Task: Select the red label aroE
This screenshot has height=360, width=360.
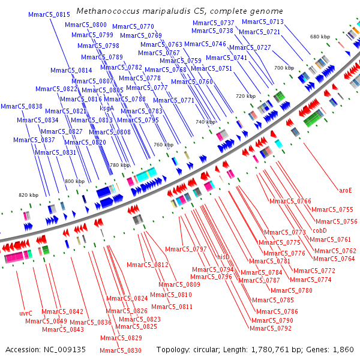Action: click(345, 190)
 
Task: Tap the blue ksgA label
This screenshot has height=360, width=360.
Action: click(107, 108)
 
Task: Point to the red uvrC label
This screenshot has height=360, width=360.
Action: click(26, 313)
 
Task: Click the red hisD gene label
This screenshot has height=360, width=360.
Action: click(223, 257)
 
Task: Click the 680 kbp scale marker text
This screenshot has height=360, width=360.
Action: click(320, 37)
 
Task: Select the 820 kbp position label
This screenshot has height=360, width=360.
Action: click(28, 195)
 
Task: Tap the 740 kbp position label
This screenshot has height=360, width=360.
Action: click(205, 122)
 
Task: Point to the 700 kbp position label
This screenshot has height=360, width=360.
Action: click(284, 68)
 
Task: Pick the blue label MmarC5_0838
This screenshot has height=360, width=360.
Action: click(22, 106)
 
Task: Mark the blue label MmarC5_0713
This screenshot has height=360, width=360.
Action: click(263, 22)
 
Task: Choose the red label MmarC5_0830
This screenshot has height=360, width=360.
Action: click(121, 350)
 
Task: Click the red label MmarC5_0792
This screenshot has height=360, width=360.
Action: click(271, 328)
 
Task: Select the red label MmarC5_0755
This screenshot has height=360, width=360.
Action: click(333, 209)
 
